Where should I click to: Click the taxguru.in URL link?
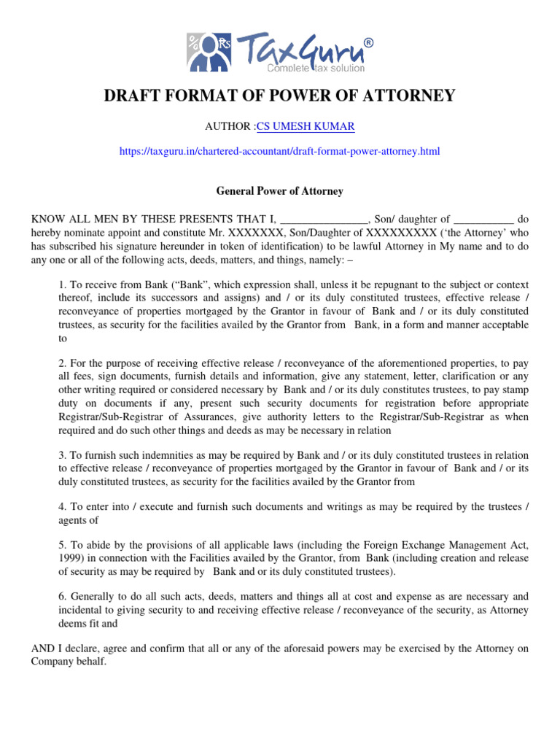point(280,151)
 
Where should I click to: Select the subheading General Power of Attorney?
point(280,191)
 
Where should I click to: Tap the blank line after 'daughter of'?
point(483,218)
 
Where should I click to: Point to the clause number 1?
point(62,284)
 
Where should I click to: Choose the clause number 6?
point(62,596)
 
